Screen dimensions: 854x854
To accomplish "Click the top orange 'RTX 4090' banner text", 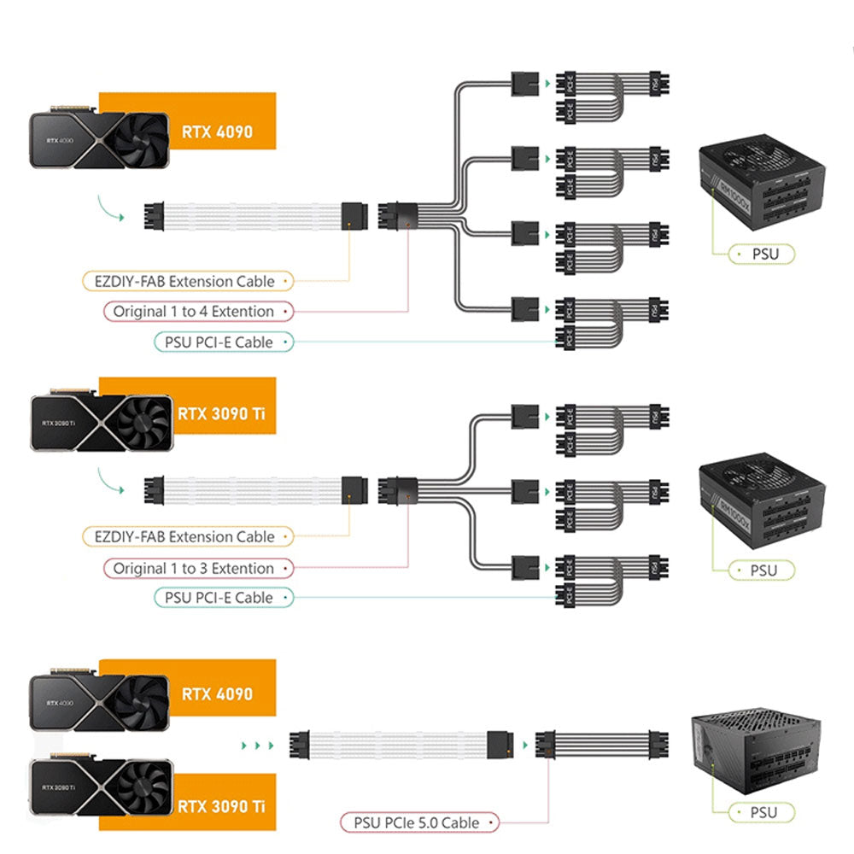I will (217, 132).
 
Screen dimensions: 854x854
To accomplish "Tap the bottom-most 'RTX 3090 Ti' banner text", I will (216, 805).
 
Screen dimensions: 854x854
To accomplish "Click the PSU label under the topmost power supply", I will (763, 254).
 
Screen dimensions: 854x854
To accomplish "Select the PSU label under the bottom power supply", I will (763, 812).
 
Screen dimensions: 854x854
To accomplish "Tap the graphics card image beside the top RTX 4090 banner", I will (97, 141).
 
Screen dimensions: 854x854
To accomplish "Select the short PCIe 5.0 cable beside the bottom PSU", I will (602, 745).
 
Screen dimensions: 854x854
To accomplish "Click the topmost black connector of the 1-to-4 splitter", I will (524, 84).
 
